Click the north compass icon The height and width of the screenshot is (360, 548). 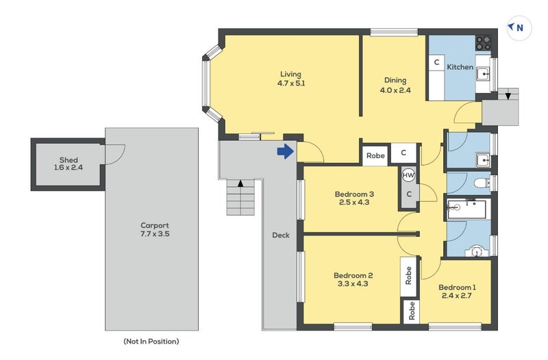[x=516, y=27]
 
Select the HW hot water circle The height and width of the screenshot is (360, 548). [x=409, y=175]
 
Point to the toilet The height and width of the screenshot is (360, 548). [x=482, y=183]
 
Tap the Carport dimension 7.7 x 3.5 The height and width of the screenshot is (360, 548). [x=154, y=234]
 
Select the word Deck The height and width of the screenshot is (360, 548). [x=280, y=235]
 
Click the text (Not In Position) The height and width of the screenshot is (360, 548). [x=151, y=341]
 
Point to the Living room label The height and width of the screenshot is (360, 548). [x=290, y=74]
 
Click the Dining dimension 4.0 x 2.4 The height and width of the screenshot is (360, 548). [x=395, y=89]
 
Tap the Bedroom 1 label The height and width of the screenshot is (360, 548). [x=456, y=287]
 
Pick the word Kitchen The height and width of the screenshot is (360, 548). [x=460, y=67]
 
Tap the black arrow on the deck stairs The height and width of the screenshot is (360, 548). [x=240, y=183]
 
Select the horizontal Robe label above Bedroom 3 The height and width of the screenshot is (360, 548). [x=375, y=156]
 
